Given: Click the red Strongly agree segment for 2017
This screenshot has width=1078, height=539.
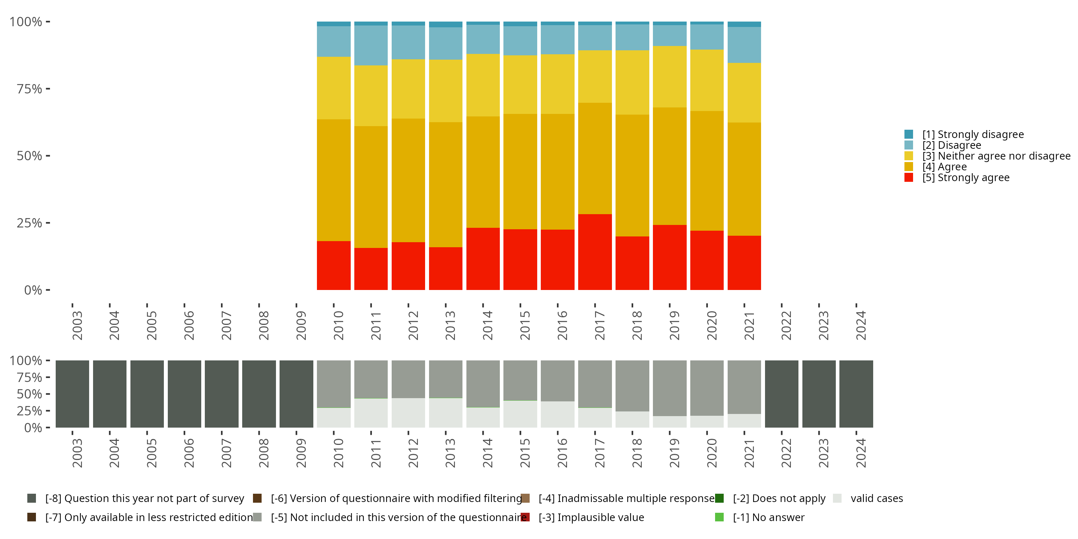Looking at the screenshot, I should (x=595, y=252).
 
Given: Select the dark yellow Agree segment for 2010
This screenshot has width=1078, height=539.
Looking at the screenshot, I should (x=333, y=180).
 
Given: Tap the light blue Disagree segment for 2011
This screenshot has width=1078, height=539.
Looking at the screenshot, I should (x=371, y=45).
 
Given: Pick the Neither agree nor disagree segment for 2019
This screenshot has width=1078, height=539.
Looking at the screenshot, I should (x=669, y=77).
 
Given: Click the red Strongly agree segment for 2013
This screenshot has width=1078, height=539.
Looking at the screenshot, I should (x=446, y=268).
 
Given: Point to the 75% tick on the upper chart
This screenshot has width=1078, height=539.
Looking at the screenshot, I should (x=29, y=89).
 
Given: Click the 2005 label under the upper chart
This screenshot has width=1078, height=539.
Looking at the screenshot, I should (x=152, y=325).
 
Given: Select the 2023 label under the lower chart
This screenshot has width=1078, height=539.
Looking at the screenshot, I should (x=823, y=453).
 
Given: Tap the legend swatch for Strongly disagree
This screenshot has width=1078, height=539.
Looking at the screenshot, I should (x=908, y=134).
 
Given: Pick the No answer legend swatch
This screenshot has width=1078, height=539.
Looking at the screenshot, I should (x=719, y=517).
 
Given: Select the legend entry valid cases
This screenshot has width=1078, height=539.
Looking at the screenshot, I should (x=877, y=498).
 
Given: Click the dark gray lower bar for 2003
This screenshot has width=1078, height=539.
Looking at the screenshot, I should (x=72, y=394).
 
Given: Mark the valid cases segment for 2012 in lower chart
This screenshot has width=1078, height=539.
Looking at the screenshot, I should (x=408, y=413).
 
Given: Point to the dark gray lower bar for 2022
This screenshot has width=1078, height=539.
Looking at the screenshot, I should (x=781, y=394).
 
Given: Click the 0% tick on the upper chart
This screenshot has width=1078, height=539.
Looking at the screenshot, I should (x=33, y=290).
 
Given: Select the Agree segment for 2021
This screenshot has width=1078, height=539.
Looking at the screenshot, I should (x=744, y=179).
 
